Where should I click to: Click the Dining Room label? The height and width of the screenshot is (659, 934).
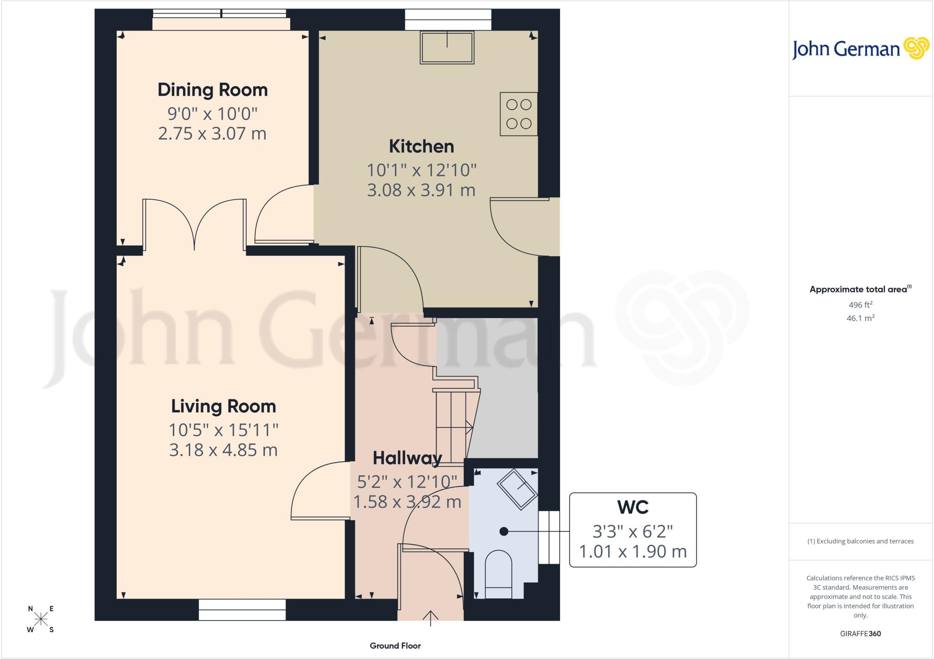point(213,90)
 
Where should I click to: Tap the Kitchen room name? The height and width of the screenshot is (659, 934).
point(421,146)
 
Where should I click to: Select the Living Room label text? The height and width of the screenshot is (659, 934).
point(223,406)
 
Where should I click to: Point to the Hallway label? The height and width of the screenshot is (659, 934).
point(407,458)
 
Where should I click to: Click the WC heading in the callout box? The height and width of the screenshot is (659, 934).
point(633,507)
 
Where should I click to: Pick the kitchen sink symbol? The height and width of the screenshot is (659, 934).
point(447,47)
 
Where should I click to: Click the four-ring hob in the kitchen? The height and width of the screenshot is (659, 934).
point(519,114)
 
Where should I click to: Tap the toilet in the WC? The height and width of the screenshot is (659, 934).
point(498,575)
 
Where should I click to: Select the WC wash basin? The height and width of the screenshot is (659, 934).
point(517,489)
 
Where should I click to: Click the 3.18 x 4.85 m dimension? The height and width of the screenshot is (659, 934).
point(223,450)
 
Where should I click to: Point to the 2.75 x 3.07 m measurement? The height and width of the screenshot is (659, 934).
point(213,134)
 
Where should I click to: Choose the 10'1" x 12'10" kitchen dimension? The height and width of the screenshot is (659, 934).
point(422,170)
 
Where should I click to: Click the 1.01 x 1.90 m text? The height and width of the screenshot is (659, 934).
point(633,551)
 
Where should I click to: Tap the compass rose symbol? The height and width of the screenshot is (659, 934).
point(41,619)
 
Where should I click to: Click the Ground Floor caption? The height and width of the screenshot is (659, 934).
point(395,646)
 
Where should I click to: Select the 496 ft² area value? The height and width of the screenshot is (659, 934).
point(860,304)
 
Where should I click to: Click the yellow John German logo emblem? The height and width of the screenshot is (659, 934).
point(916,48)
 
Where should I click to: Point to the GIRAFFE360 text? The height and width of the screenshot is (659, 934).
point(861,633)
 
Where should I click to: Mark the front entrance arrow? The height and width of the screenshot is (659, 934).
point(430,618)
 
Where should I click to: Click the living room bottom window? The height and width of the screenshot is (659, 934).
point(242,610)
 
